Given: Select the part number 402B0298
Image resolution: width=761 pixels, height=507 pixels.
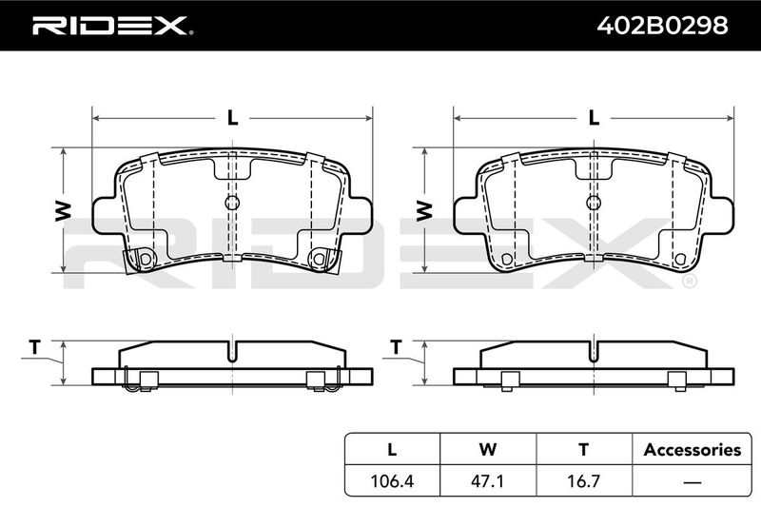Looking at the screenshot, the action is pyautogui.click(x=662, y=26).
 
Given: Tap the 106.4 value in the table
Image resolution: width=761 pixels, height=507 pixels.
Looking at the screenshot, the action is pyautogui.click(x=392, y=480).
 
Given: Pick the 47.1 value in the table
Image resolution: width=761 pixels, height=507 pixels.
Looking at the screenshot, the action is pyautogui.click(x=488, y=480).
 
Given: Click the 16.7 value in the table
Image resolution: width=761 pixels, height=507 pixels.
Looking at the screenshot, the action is pyautogui.click(x=584, y=480).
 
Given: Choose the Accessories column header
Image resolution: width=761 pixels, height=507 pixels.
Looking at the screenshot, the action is pyautogui.click(x=693, y=450).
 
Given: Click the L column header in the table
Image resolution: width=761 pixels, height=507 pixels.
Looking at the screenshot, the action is pyautogui.click(x=392, y=450).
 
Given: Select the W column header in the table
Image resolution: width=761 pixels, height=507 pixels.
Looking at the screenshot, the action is pyautogui.click(x=488, y=450).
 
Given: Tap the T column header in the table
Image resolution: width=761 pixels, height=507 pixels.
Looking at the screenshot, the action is pyautogui.click(x=584, y=450).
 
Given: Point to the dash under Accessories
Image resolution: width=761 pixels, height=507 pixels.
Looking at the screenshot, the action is pyautogui.click(x=693, y=481).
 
